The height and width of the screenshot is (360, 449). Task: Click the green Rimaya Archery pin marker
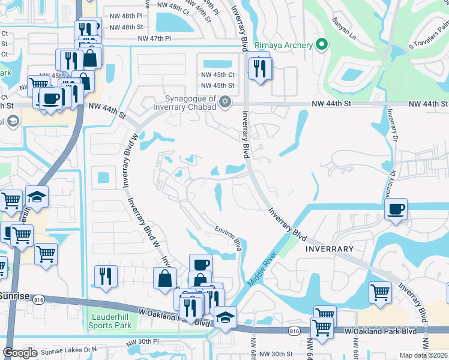tap(322, 44)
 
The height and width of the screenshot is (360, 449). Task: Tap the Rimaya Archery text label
tap(284, 45)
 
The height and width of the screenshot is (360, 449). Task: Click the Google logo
tap(20, 353)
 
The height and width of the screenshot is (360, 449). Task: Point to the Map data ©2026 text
tap(423, 355)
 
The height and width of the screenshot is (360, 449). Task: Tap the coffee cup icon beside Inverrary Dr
tap(396, 209)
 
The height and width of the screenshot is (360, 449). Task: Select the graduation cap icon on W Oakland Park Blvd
tap(226, 317)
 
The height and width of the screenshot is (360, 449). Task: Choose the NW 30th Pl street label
tap(142, 342)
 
